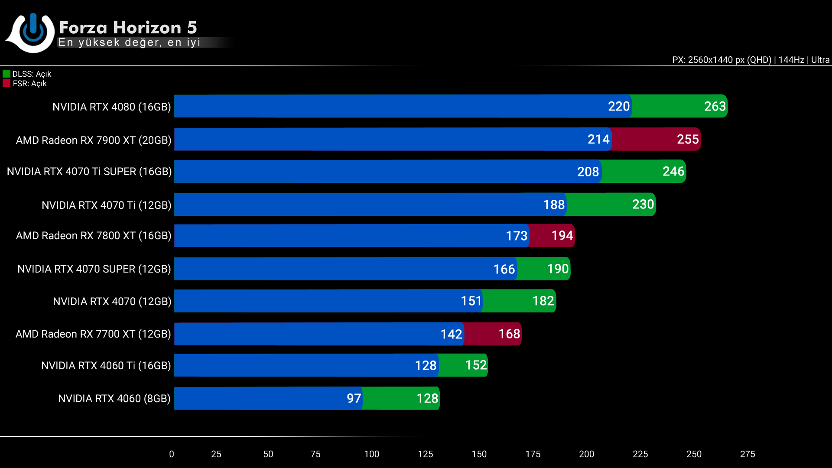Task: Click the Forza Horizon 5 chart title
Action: (x=128, y=28)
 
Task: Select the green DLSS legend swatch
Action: (x=6, y=74)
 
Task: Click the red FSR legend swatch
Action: (x=6, y=84)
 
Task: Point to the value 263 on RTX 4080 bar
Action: (x=715, y=107)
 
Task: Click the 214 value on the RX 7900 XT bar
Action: (x=598, y=140)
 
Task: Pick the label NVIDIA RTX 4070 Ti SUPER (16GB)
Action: (x=89, y=172)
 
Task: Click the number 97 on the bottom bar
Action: (x=354, y=399)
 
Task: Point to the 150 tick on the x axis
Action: (x=479, y=454)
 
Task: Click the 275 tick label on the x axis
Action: (x=747, y=454)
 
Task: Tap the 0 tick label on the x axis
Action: (x=172, y=454)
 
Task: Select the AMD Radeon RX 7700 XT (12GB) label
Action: (x=93, y=334)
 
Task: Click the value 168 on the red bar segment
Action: (x=509, y=334)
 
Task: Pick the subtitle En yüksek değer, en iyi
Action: (x=129, y=42)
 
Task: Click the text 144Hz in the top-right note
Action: (x=791, y=60)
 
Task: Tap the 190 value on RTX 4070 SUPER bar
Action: (x=557, y=269)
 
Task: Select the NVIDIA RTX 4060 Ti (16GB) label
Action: (x=106, y=366)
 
